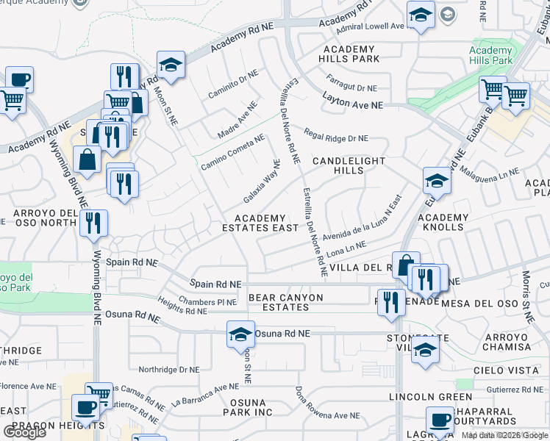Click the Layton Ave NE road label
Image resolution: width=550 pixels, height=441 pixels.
tap(353, 105)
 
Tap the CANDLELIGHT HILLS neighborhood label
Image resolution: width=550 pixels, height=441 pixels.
tap(338, 165)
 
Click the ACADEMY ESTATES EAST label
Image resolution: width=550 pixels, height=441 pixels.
tap(260, 223)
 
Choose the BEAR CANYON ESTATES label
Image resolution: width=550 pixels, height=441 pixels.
tap(285, 302)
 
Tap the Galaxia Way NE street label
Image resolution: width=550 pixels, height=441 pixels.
tap(262, 183)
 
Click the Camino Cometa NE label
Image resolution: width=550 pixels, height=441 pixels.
tap(233, 151)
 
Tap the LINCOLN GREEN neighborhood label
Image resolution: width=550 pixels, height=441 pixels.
tap(421, 397)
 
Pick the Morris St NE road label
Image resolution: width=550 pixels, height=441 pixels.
tap(527, 298)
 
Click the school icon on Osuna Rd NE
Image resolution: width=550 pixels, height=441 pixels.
tap(240, 334)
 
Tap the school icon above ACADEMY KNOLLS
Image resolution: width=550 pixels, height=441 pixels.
tap(437, 180)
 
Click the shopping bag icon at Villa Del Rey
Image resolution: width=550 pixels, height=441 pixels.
tap(405, 265)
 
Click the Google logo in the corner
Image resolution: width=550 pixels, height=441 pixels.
tap(24, 432)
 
